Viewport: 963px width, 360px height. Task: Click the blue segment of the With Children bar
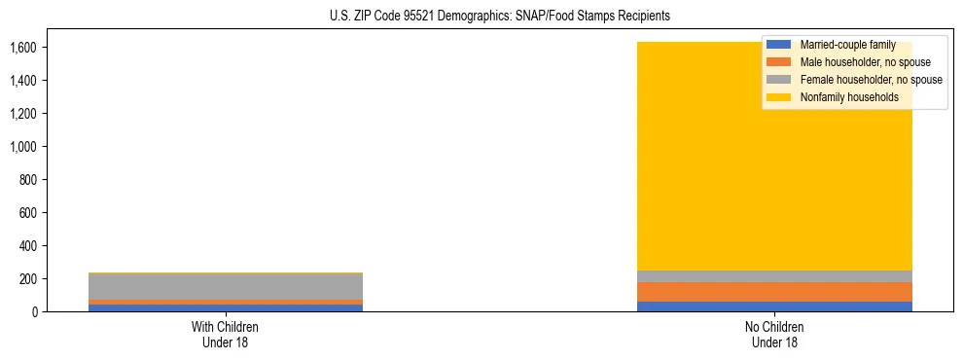(225, 307)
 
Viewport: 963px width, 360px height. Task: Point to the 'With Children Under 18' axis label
(225, 334)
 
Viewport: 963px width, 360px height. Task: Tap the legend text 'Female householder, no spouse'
(871, 80)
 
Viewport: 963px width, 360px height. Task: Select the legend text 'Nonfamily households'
(848, 97)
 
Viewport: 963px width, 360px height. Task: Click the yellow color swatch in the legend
(779, 97)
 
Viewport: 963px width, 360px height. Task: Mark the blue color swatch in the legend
(779, 45)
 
